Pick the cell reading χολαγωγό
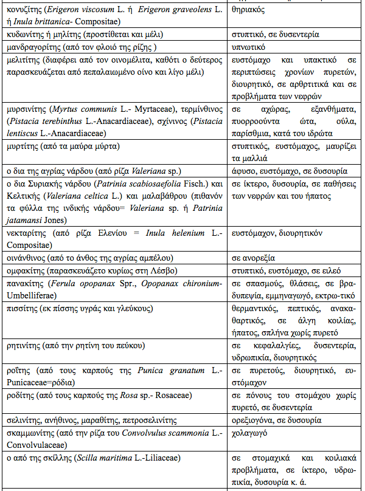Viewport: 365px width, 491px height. click(x=252, y=433)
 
